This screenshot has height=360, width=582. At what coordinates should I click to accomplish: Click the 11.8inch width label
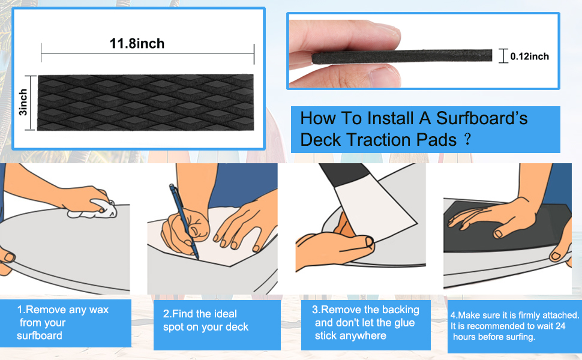click(137, 43)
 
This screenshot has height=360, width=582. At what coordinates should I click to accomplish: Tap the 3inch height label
click(23, 103)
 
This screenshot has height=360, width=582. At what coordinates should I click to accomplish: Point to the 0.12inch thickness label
click(529, 56)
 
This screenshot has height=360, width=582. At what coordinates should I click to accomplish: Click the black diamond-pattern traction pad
click(146, 103)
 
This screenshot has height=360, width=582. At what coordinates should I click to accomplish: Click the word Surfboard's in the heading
click(481, 118)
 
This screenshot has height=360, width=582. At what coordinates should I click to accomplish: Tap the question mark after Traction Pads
click(467, 140)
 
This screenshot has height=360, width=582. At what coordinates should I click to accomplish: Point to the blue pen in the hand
click(184, 221)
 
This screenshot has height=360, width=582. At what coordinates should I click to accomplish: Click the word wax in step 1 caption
click(98, 310)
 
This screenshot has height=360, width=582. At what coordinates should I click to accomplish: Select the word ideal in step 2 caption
click(224, 314)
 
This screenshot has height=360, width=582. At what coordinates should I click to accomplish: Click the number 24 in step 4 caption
click(560, 326)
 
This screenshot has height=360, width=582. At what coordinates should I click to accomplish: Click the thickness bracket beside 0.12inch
click(503, 56)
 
